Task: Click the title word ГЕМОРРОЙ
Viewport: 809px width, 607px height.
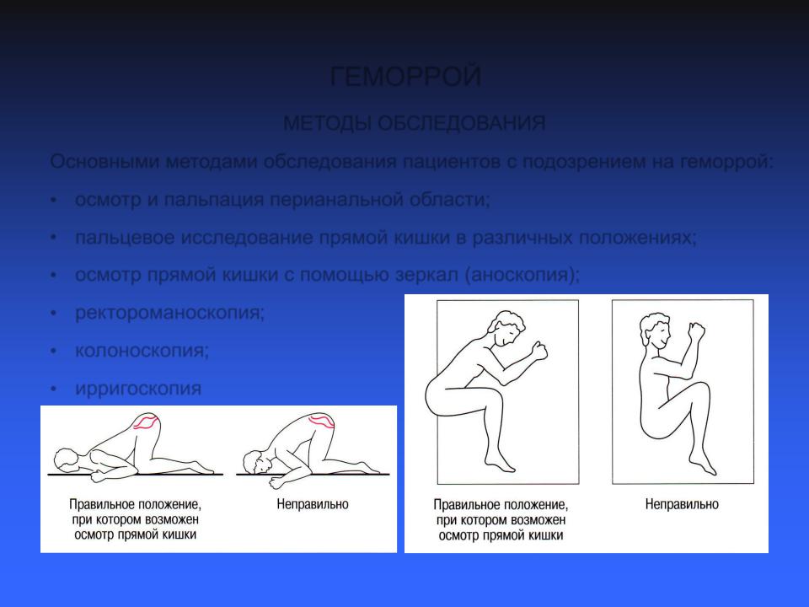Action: [405, 77]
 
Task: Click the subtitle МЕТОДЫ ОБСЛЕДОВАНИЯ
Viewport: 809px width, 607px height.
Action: [415, 123]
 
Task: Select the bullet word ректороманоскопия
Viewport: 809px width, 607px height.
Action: [169, 313]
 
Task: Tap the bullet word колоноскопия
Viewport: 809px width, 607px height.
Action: [142, 351]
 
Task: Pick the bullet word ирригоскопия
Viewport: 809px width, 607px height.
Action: [138, 389]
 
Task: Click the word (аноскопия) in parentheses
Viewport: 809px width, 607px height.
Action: [522, 275]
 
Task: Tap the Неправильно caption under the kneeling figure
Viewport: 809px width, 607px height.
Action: [313, 504]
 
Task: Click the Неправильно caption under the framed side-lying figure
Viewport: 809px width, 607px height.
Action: [682, 504]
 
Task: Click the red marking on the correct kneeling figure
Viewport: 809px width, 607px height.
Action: [146, 422]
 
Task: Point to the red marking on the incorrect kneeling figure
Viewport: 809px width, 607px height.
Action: [321, 421]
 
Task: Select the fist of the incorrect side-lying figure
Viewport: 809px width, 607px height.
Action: [697, 330]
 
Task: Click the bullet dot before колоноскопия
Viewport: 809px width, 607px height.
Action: [54, 351]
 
